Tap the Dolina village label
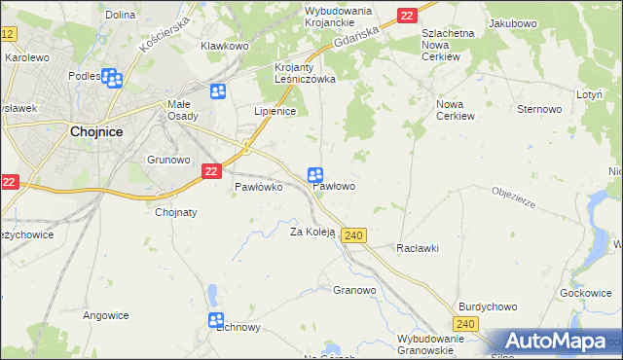[x=120, y=15]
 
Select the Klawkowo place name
[x=225, y=46]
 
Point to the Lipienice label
[x=275, y=112]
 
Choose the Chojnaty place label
[x=176, y=212]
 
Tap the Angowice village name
[x=106, y=314]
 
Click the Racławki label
[x=418, y=248]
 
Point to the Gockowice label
[x=585, y=293]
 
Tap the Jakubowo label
[x=513, y=22]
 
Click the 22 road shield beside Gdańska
[x=406, y=15]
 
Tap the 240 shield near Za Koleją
[x=354, y=235]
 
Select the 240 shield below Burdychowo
[x=466, y=324]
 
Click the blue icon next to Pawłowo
[x=315, y=175]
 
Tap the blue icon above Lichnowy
[x=216, y=320]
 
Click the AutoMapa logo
[x=554, y=342]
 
